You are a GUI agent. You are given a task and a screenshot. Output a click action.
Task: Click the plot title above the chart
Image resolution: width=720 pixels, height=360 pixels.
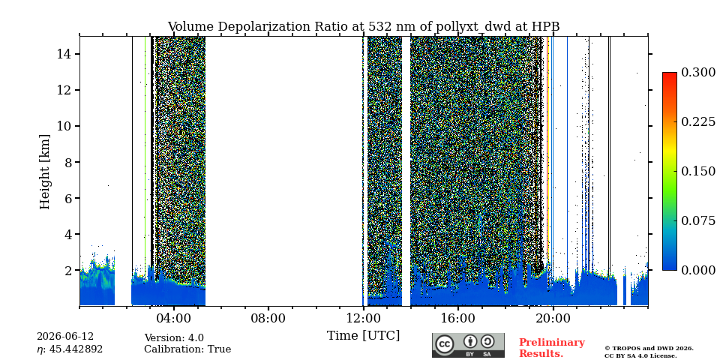[x=364, y=27]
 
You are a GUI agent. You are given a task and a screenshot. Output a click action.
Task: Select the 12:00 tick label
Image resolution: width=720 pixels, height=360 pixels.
[x=363, y=318]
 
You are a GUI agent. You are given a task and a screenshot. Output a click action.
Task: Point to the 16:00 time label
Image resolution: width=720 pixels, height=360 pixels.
[x=457, y=318]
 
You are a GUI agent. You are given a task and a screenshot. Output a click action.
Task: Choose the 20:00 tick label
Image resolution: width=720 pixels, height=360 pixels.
[x=553, y=318]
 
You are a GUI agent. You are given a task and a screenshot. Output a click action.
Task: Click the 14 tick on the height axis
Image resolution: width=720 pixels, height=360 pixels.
[x=62, y=54]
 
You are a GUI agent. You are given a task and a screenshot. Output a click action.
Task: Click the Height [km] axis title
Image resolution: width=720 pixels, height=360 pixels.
[x=44, y=172]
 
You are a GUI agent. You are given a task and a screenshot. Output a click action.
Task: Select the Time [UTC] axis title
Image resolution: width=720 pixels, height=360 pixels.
[x=363, y=336]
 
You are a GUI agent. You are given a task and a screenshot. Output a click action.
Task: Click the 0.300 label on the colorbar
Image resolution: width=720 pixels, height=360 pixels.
[x=698, y=73]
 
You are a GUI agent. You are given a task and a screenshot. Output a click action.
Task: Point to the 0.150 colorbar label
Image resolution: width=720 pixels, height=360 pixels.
[x=698, y=171]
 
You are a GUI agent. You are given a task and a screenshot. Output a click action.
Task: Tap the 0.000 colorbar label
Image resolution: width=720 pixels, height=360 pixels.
[x=698, y=270]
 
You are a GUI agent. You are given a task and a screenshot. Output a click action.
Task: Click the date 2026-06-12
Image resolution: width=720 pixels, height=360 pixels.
[x=65, y=337]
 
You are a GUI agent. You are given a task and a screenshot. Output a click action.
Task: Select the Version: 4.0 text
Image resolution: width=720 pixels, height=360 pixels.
[x=174, y=338]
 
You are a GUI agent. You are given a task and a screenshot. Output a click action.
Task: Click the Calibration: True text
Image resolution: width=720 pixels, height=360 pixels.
[x=187, y=349]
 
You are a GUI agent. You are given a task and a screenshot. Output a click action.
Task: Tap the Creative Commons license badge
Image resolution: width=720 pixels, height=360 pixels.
[x=468, y=345]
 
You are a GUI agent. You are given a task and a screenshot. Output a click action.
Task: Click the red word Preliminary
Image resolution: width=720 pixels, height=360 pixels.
[x=552, y=343]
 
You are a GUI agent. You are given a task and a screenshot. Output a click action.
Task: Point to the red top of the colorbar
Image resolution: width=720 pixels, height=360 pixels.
[x=670, y=74]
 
